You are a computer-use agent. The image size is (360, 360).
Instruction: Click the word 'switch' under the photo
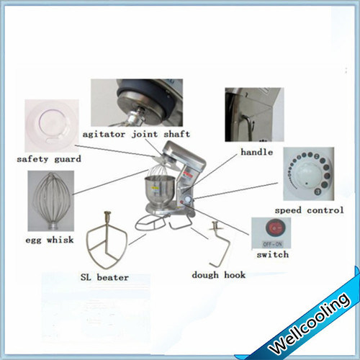(272, 254)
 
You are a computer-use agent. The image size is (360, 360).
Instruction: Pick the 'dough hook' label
(219, 274)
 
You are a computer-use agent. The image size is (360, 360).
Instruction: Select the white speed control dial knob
(302, 175)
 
